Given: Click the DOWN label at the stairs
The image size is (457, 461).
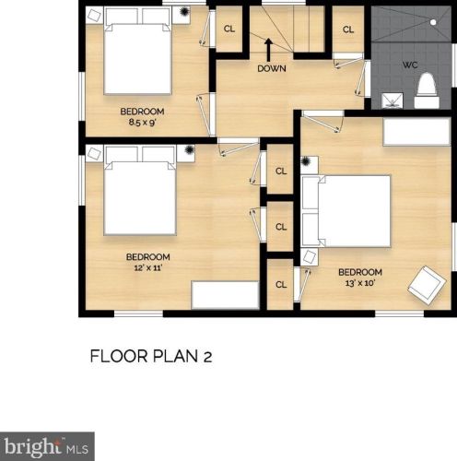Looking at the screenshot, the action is (x=272, y=68).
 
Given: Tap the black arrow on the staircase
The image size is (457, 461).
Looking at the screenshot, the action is (x=269, y=50).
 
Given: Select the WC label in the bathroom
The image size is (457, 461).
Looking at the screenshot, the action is (x=410, y=65).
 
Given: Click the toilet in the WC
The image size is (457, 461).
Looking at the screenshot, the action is (x=427, y=90).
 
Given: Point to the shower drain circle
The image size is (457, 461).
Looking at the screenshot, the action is (x=433, y=22).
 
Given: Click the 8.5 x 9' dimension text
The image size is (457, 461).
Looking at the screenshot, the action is (x=143, y=123).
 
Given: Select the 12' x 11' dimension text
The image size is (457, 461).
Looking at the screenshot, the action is (x=148, y=267).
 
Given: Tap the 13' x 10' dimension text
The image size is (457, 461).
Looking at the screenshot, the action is (x=360, y=283).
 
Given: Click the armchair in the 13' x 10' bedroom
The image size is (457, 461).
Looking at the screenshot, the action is (x=427, y=285).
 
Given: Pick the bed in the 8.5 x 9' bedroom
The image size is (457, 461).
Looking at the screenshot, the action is (x=137, y=51).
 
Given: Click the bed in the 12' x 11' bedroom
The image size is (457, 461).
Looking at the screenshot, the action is (x=140, y=190).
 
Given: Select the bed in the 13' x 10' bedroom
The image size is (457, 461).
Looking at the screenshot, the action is (x=346, y=211).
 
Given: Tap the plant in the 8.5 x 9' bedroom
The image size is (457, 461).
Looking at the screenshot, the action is (x=184, y=12).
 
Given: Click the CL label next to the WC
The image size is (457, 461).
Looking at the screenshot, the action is (x=348, y=30).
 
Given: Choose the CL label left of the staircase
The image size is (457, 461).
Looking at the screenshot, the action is (x=229, y=29).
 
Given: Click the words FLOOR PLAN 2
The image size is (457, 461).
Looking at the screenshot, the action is (x=151, y=357).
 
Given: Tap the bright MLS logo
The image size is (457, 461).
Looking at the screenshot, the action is (x=47, y=447).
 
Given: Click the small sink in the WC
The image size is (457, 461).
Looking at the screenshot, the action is (x=392, y=100).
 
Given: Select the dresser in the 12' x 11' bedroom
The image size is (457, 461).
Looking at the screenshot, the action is (x=226, y=295).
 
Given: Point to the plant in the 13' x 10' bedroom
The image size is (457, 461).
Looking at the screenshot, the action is (x=306, y=161).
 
